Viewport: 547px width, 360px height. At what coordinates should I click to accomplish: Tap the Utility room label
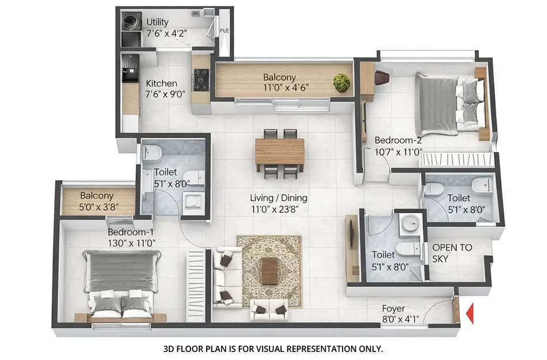click(x=157, y=22)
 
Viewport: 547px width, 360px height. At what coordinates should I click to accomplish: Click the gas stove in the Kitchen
click(x=201, y=79)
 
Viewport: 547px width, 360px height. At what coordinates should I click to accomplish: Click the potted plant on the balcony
click(x=341, y=82)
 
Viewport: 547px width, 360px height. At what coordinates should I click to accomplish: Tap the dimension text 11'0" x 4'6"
click(x=279, y=89)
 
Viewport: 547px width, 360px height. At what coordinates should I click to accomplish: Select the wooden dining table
click(x=280, y=151)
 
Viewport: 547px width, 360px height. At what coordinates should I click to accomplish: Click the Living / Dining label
click(x=279, y=198)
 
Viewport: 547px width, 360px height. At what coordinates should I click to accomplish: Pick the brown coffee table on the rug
click(x=269, y=271)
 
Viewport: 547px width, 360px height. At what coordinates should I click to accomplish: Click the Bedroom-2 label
click(x=399, y=140)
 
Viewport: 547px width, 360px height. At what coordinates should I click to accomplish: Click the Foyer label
click(x=393, y=308)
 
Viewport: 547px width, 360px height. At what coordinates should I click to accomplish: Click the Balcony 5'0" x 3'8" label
click(x=97, y=196)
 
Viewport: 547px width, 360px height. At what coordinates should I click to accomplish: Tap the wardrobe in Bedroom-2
click(x=457, y=159)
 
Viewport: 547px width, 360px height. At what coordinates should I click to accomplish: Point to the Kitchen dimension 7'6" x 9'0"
click(x=165, y=94)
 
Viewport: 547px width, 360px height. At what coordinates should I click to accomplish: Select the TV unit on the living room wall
click(x=352, y=248)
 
